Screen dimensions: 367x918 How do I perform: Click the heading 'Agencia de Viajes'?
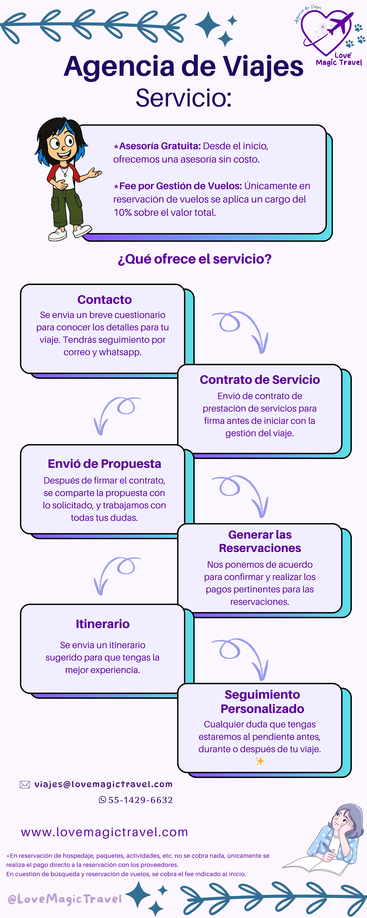coord(184,67)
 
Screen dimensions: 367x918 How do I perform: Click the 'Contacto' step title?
coord(104,300)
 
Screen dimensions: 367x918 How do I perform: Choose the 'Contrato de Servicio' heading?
coord(260,380)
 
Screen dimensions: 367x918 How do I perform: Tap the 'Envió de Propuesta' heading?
coord(104,464)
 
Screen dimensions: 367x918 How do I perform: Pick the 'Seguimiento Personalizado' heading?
coord(262,701)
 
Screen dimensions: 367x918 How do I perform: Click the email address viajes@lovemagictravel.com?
coord(103,784)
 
